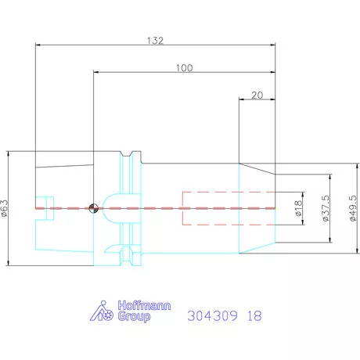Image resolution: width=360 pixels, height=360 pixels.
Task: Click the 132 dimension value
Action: (x=154, y=41)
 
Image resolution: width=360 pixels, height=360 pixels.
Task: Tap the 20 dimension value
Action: (x=257, y=95)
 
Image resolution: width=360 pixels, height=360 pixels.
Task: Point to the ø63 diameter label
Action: (x=5, y=207)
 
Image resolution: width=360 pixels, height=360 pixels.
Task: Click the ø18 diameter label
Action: (x=298, y=207)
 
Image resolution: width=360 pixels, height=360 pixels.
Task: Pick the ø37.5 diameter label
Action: (x=325, y=208)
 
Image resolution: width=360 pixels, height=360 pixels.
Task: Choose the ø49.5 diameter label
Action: (x=353, y=208)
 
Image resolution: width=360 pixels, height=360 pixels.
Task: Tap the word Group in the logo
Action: (x=135, y=317)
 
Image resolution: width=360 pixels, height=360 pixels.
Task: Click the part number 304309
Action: (x=214, y=316)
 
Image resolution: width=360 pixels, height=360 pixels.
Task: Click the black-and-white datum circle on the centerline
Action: (x=93, y=208)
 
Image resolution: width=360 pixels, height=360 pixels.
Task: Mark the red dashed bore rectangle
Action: (x=228, y=208)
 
